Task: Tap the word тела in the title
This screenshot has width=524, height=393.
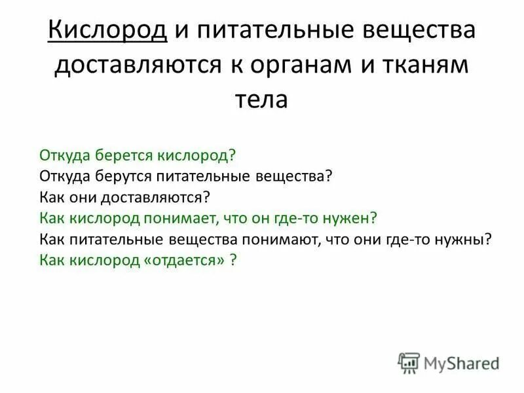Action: click(x=261, y=100)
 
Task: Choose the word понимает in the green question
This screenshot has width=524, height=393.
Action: click(x=188, y=218)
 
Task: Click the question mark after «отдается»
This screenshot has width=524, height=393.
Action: click(x=233, y=260)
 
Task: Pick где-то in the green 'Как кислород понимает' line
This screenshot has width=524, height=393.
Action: click(x=309, y=218)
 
